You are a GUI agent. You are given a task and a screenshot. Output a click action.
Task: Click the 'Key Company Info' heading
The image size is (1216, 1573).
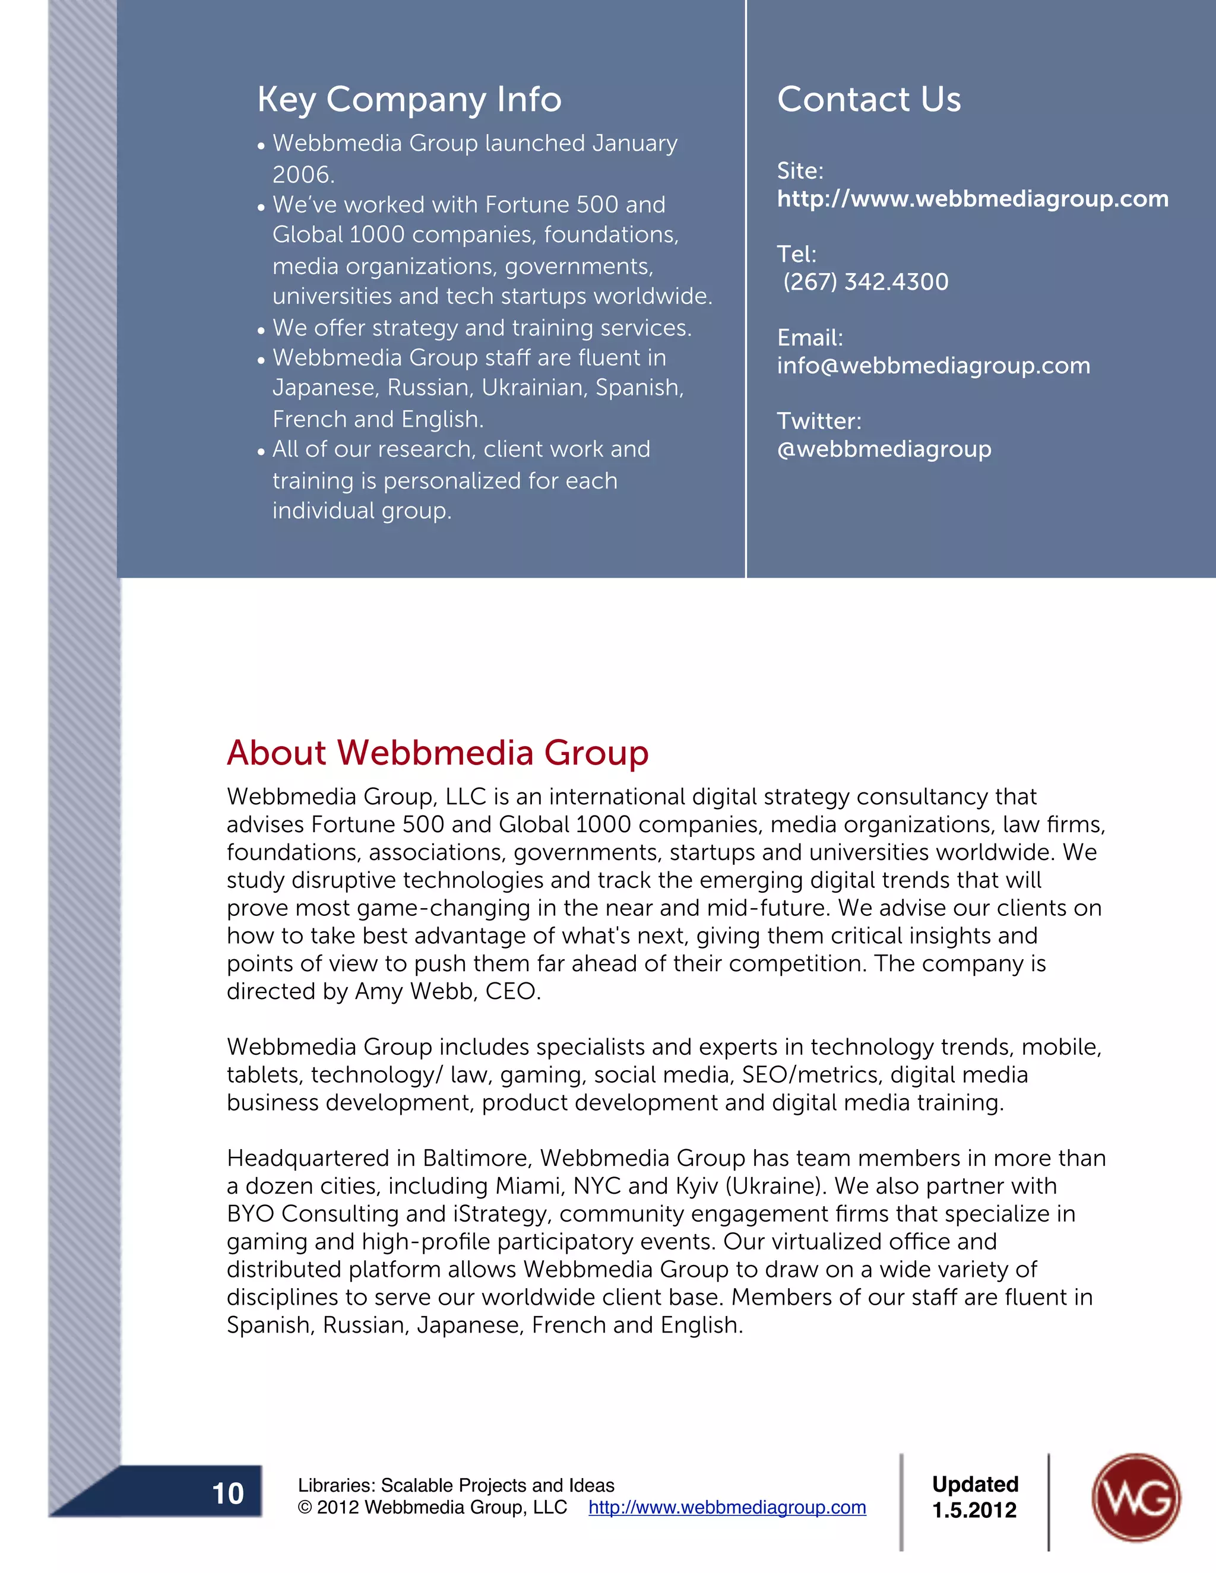tap(409, 99)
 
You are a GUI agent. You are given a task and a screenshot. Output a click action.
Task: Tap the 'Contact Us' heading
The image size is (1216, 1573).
tap(869, 99)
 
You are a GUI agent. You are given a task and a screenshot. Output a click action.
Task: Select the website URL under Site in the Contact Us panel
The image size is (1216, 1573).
tap(973, 199)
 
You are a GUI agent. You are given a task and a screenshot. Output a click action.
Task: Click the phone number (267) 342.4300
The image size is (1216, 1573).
tap(865, 281)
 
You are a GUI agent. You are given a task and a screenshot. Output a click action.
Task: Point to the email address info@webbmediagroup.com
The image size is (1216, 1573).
tap(933, 366)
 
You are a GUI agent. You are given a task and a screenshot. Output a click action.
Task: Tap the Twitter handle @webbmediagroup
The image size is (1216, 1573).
tap(884, 449)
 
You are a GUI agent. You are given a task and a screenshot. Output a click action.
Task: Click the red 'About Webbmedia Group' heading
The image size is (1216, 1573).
tap(437, 753)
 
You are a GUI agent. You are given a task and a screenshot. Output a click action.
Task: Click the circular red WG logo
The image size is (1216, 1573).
tap(1135, 1498)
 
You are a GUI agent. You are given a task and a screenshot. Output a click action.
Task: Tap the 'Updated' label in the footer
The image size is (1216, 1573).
tap(975, 1484)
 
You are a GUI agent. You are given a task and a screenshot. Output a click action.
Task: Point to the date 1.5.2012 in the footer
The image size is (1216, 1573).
tap(974, 1510)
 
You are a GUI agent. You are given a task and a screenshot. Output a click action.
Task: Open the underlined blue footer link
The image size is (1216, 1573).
tap(727, 1508)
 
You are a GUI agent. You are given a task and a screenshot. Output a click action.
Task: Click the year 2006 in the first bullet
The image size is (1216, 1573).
tap(303, 175)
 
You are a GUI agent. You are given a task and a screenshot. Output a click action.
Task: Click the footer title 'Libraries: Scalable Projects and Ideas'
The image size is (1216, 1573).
tap(456, 1485)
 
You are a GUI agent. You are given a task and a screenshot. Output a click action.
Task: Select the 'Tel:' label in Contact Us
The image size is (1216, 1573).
tap(796, 254)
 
